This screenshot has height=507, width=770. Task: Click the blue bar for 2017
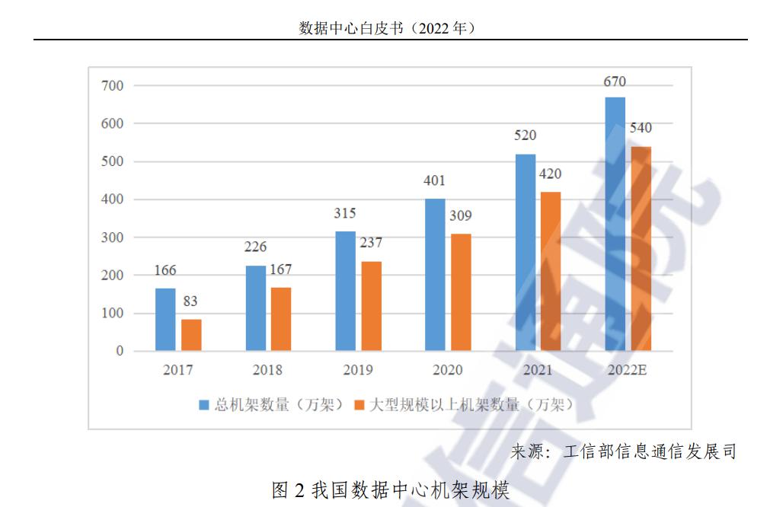click(165, 320)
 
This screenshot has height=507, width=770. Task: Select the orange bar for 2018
click(281, 319)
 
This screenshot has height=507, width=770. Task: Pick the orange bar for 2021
click(551, 271)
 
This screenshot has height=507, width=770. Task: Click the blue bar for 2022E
click(615, 224)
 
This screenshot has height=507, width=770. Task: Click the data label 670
click(615, 81)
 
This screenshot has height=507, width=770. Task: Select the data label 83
click(190, 301)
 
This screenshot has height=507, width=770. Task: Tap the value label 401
click(435, 181)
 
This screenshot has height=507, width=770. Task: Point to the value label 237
click(371, 243)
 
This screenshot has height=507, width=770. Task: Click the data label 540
click(641, 128)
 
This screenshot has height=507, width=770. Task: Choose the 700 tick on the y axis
click(112, 85)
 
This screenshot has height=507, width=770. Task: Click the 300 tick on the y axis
click(112, 238)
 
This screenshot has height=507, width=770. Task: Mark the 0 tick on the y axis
click(120, 352)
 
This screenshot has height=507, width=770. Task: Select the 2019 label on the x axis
click(358, 371)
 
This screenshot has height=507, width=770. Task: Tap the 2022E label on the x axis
click(627, 371)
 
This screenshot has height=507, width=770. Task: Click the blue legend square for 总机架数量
click(203, 405)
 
